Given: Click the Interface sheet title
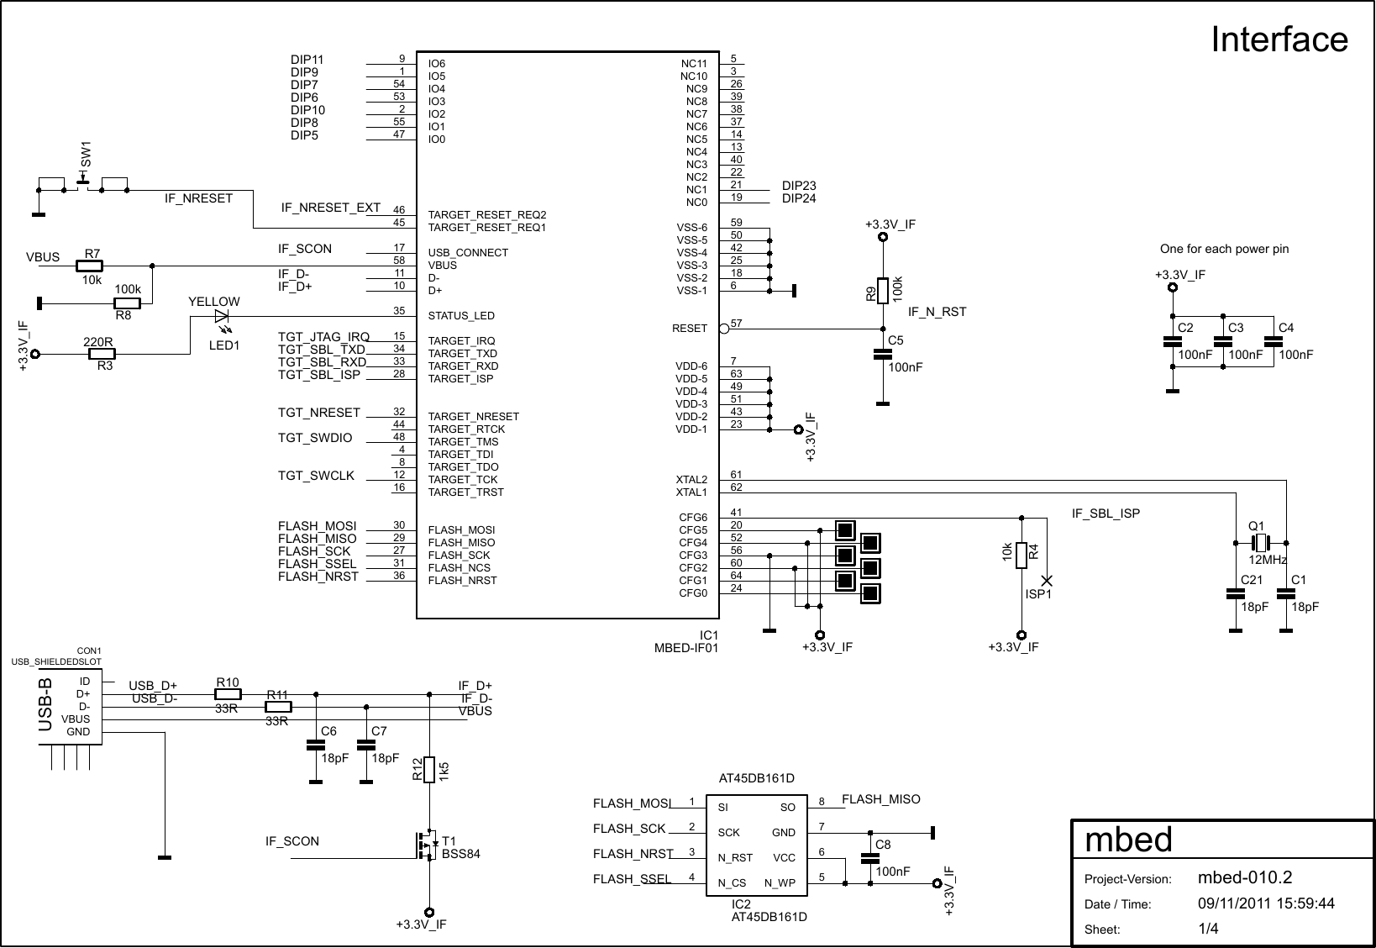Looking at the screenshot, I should point(1279,39).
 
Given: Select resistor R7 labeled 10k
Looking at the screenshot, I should point(90,266).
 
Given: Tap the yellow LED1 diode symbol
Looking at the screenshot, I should point(222,317).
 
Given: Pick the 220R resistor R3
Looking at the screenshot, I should point(102,354).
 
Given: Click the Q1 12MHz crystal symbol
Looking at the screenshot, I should point(1260,543).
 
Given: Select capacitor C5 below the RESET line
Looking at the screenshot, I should point(882,354).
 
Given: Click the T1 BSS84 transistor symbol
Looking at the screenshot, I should point(426,843).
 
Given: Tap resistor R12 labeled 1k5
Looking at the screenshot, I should point(429,769).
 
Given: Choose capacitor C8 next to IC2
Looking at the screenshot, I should point(869,858).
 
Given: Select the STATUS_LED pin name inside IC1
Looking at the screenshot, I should point(461,316).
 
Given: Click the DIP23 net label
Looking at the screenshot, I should point(799,186).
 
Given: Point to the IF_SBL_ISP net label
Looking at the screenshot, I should point(1106,513).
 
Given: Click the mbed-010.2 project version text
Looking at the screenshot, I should point(1244,878).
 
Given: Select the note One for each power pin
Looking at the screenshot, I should point(1223,249).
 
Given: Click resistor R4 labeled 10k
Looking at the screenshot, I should point(1021,555).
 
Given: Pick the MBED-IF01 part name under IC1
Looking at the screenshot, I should point(686,647).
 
